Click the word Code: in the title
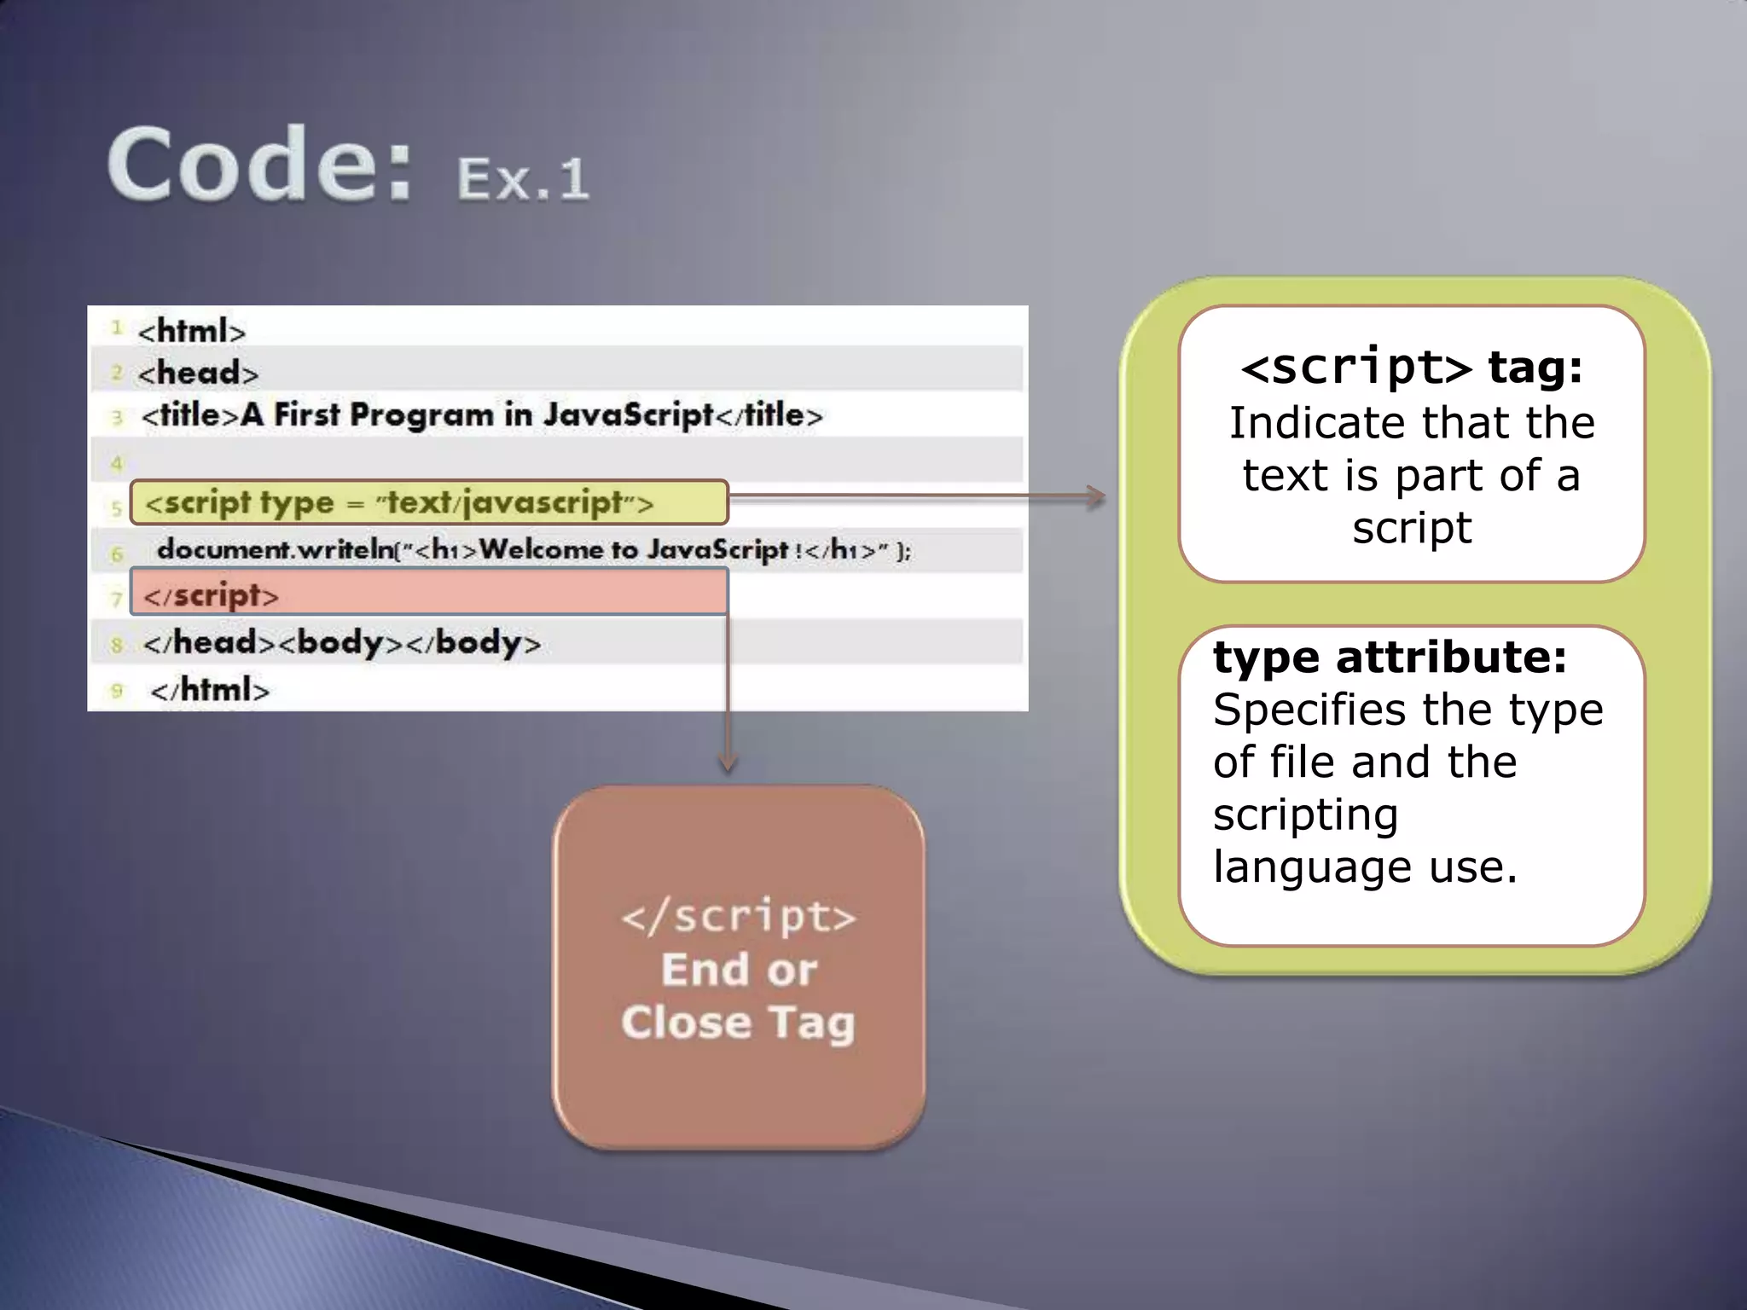pyautogui.click(x=259, y=164)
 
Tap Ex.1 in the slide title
pyautogui.click(x=522, y=179)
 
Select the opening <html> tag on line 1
pyautogui.click(x=191, y=331)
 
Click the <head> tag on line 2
pyautogui.click(x=198, y=374)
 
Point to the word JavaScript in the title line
pyautogui.click(x=628, y=414)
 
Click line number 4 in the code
pyautogui.click(x=117, y=464)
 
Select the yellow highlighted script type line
pyautogui.click(x=428, y=503)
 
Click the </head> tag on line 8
pyautogui.click(x=210, y=643)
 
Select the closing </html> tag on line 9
pyautogui.click(x=210, y=690)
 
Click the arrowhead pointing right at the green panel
pyautogui.click(x=1095, y=496)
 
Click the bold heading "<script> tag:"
pyautogui.click(x=1412, y=368)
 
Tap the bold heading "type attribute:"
pyautogui.click(x=1390, y=658)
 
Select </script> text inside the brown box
pyautogui.click(x=738, y=918)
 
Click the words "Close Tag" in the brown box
pyautogui.click(x=738, y=1023)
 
